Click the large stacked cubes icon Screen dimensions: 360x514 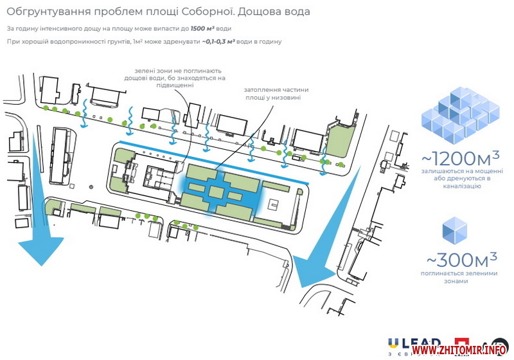click(459, 113)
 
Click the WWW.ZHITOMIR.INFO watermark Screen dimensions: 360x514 click(461, 349)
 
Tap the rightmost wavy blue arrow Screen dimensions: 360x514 click(324, 161)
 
